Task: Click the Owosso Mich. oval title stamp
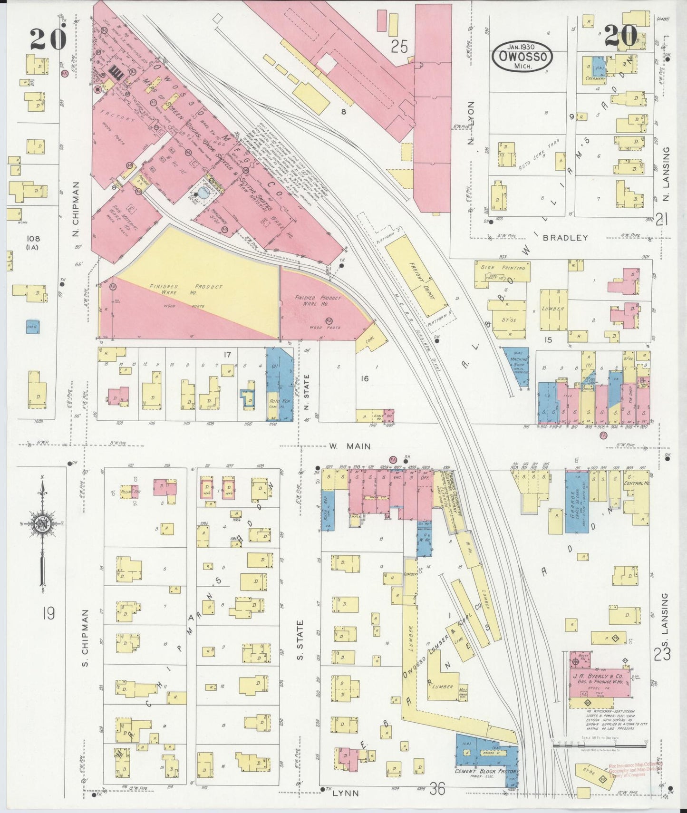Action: coord(523,57)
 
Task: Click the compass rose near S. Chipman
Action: coord(42,524)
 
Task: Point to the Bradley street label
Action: coord(565,237)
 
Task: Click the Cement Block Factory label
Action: coord(487,771)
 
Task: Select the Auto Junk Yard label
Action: coord(538,153)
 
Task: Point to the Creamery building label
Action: coord(595,79)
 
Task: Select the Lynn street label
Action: coord(345,793)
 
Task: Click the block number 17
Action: coord(227,354)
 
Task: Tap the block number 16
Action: coord(364,378)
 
